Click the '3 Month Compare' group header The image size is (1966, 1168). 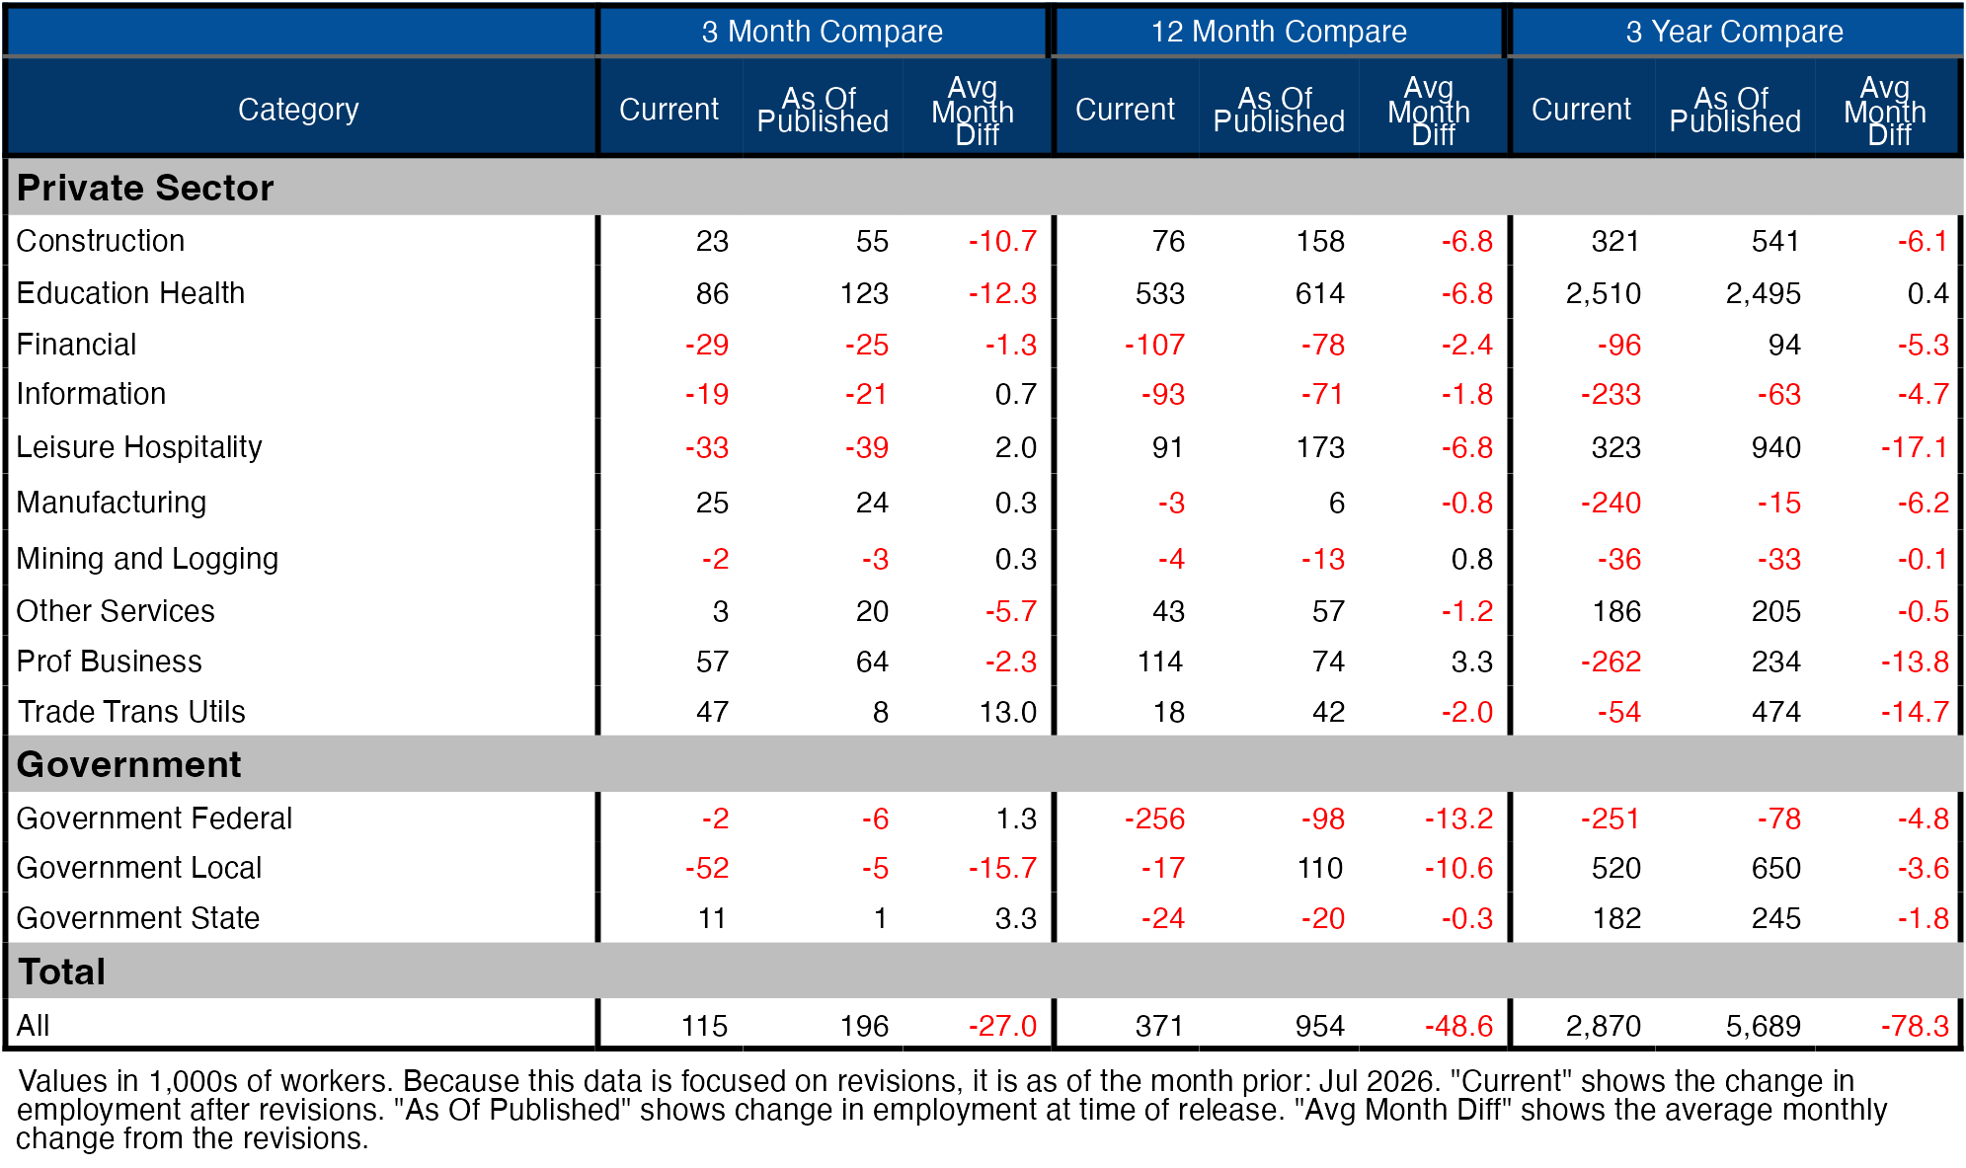point(822,32)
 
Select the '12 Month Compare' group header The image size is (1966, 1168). point(1279,32)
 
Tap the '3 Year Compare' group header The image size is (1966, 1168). point(1735,32)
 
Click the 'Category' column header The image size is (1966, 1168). point(298,109)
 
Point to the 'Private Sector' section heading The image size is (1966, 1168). point(145,188)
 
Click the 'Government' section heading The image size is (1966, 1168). point(129,764)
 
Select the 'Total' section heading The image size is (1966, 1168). point(62,972)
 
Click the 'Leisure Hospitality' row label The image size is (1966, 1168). point(139,447)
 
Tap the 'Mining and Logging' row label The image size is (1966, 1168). point(147,559)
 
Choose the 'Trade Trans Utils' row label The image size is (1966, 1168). point(131,712)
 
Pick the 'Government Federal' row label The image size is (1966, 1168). point(154,818)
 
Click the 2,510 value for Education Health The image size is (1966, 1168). point(1604,293)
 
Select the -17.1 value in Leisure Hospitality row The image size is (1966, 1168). point(1915,447)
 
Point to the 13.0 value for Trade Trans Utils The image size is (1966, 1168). point(1008,712)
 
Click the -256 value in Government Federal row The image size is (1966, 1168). point(1155,818)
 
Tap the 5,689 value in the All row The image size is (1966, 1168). point(1764,1026)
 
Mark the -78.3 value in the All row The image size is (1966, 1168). point(1915,1026)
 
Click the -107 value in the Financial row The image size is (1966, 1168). point(1155,345)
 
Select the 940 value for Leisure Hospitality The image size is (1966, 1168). point(1776,447)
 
